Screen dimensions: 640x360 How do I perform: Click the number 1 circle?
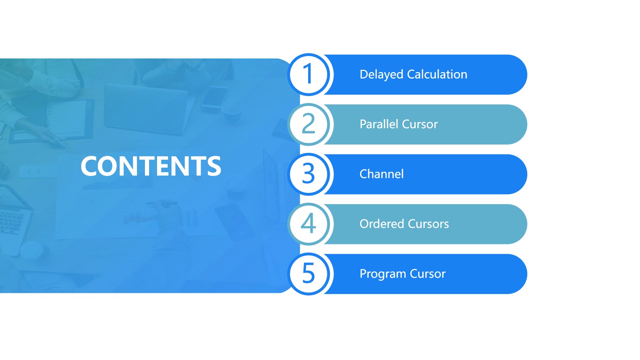coord(308,74)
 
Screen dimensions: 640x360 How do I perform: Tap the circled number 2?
coord(308,124)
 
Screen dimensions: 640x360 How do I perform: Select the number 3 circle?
coord(308,174)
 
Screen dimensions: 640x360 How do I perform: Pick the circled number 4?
coord(308,224)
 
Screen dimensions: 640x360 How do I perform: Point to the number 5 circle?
coord(308,274)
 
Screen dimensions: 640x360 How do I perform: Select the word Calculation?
coord(437,74)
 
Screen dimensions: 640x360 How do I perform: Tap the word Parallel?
coord(379,124)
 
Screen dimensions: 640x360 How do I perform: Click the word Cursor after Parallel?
coord(420,124)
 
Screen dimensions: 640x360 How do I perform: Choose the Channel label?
coord(381,174)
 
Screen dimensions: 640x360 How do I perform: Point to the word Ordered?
coord(382,224)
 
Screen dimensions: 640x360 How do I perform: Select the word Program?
coord(383,274)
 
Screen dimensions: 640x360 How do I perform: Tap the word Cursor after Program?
coord(428,274)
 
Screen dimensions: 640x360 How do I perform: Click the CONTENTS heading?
coord(151,166)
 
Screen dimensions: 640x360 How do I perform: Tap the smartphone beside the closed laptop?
coord(215,97)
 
